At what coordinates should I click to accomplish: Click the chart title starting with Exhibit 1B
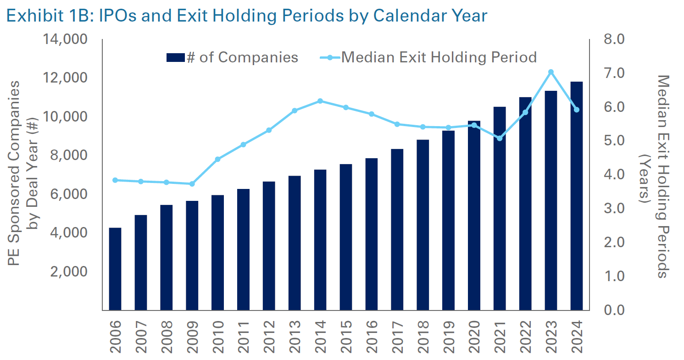pyautogui.click(x=246, y=15)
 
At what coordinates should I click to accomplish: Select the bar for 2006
pyautogui.click(x=115, y=269)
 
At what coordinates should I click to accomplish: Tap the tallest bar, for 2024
pyautogui.click(x=577, y=196)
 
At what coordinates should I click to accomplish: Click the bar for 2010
pyautogui.click(x=217, y=252)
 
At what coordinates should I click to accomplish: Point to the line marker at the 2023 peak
pyautogui.click(x=551, y=72)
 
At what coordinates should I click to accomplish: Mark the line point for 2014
pyautogui.click(x=320, y=101)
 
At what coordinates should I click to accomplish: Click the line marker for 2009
pyautogui.click(x=192, y=184)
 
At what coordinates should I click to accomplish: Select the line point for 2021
pyautogui.click(x=500, y=138)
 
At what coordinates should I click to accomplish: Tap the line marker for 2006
pyautogui.click(x=115, y=180)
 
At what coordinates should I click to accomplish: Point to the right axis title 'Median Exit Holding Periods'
pyautogui.click(x=661, y=177)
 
